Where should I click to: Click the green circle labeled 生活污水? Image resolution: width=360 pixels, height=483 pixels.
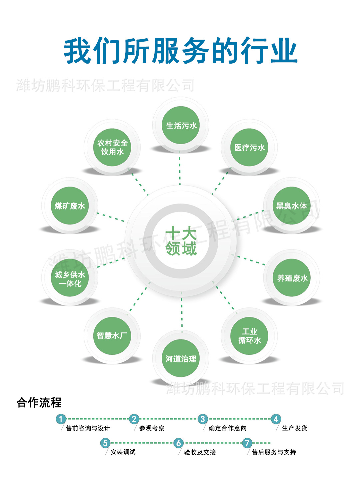coord(181,125)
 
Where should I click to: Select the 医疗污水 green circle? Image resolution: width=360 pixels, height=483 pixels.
coord(249,147)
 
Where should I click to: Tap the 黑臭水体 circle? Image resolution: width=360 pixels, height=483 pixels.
coord(292,206)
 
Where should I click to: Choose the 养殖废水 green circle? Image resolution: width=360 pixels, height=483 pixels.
coord(292,278)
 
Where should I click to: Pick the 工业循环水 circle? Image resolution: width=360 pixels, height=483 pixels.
coord(249,336)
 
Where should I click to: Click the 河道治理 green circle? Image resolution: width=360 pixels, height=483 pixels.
coord(181,358)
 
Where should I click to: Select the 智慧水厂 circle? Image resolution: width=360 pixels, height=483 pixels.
coord(112,336)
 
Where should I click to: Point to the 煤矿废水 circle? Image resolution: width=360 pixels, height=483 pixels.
coord(70,206)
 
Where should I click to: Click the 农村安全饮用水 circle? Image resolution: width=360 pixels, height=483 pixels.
coord(112,147)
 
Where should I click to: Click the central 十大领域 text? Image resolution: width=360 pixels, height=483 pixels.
coord(181,241)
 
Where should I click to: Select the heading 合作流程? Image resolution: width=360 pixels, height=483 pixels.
coord(39,402)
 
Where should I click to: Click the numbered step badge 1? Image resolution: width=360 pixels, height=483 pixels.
coord(61,419)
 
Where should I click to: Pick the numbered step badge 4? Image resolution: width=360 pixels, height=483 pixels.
coord(276,419)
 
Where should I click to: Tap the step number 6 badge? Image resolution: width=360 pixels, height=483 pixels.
coord(178,443)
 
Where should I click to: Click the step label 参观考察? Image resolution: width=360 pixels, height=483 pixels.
coord(152,428)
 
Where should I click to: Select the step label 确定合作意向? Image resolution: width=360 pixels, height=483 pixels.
coord(227,428)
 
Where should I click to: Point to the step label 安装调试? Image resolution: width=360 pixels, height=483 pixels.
coord(123,452)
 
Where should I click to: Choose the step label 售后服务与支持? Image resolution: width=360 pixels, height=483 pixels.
coord(274,452)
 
